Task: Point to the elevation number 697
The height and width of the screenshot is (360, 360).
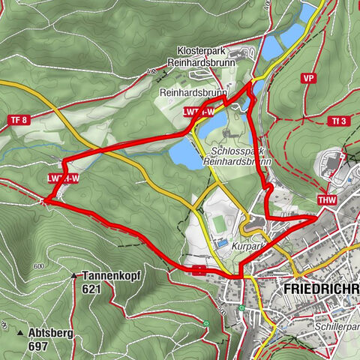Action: point(37,346)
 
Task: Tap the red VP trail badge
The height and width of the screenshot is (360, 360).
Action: point(308,78)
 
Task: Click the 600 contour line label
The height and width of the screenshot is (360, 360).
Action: point(39,267)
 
